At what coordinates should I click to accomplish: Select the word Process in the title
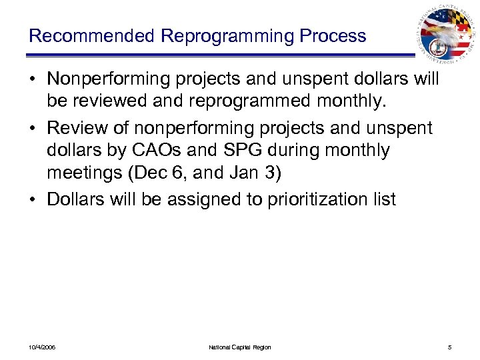pyautogui.click(x=335, y=35)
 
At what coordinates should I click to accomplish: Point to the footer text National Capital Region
pyautogui.click(x=240, y=347)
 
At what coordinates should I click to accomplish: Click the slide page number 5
pyautogui.click(x=451, y=347)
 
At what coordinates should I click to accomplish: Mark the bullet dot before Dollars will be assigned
pyautogui.click(x=32, y=199)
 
